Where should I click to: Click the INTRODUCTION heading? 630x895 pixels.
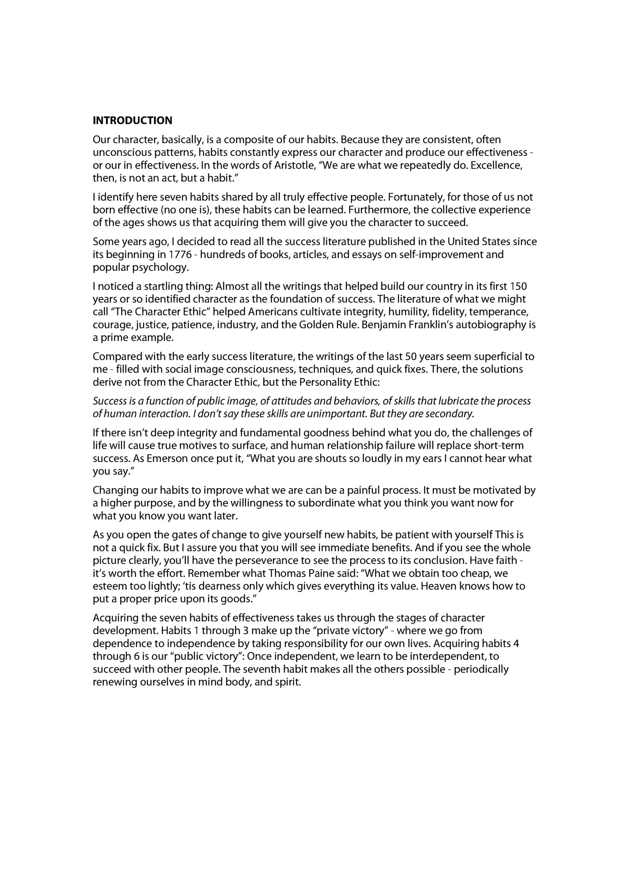(x=132, y=120)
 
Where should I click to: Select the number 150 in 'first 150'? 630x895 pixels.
(x=518, y=286)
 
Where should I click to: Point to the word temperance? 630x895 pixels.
(x=499, y=312)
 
